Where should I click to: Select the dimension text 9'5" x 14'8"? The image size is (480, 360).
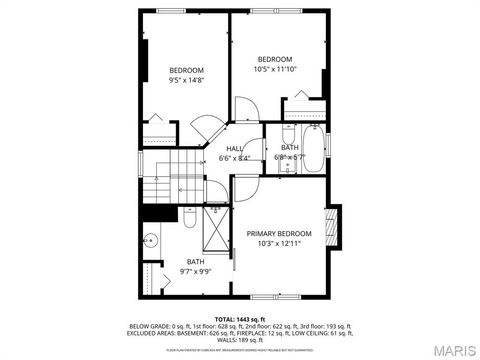187,80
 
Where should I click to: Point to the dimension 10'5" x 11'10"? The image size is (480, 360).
275,70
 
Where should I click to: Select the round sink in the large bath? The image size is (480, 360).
151,240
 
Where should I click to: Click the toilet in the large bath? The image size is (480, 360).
190,216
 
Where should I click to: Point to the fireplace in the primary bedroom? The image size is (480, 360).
333,226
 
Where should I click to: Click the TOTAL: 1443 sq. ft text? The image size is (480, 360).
239,317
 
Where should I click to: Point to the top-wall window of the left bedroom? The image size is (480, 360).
171,11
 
